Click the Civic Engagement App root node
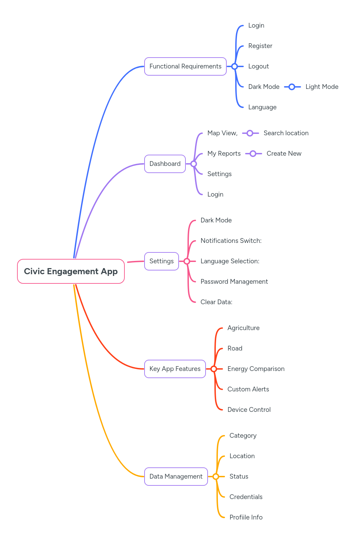(71, 271)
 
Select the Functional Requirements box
(185, 66)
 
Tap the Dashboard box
(165, 164)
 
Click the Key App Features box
(175, 369)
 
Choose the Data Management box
(176, 477)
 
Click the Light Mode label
(321, 87)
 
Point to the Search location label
(286, 133)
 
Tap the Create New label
(284, 154)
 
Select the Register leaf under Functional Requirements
(260, 46)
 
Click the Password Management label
(234, 282)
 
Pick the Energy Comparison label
(256, 369)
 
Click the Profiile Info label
(246, 517)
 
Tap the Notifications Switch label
(231, 241)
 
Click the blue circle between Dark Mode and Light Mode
(292, 87)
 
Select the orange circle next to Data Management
(216, 477)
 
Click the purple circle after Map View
(250, 133)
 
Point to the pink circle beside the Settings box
(187, 261)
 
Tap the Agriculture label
(243, 328)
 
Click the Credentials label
(246, 497)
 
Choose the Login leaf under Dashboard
(215, 195)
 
